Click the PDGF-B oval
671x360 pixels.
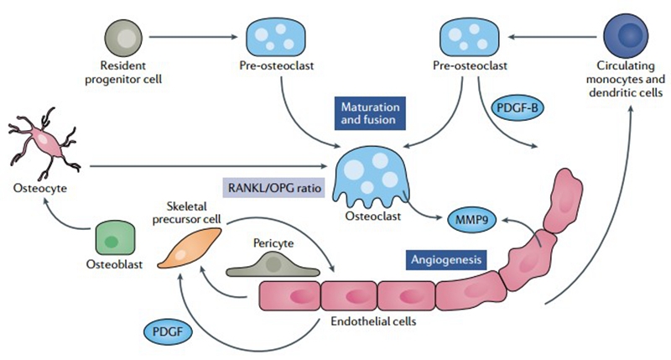[x=519, y=110]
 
